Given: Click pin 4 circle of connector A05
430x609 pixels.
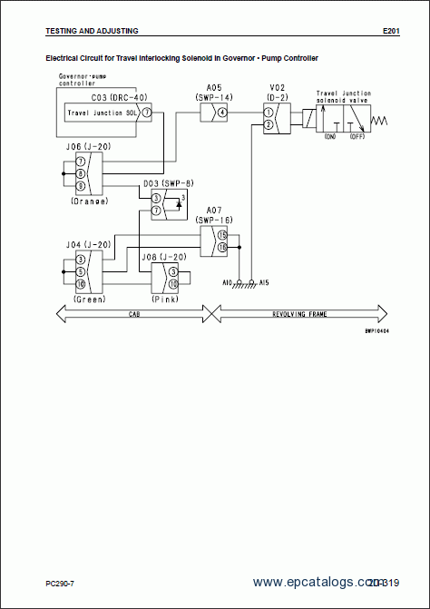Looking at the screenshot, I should (221, 112).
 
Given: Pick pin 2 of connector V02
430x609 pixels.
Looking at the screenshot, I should (268, 124).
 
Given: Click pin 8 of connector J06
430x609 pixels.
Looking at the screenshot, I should (80, 172).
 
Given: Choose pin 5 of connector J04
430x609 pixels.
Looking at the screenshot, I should (80, 270).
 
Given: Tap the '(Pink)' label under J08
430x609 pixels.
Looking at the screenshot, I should (164, 298).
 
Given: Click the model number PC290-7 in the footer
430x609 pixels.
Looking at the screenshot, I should (62, 582).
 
